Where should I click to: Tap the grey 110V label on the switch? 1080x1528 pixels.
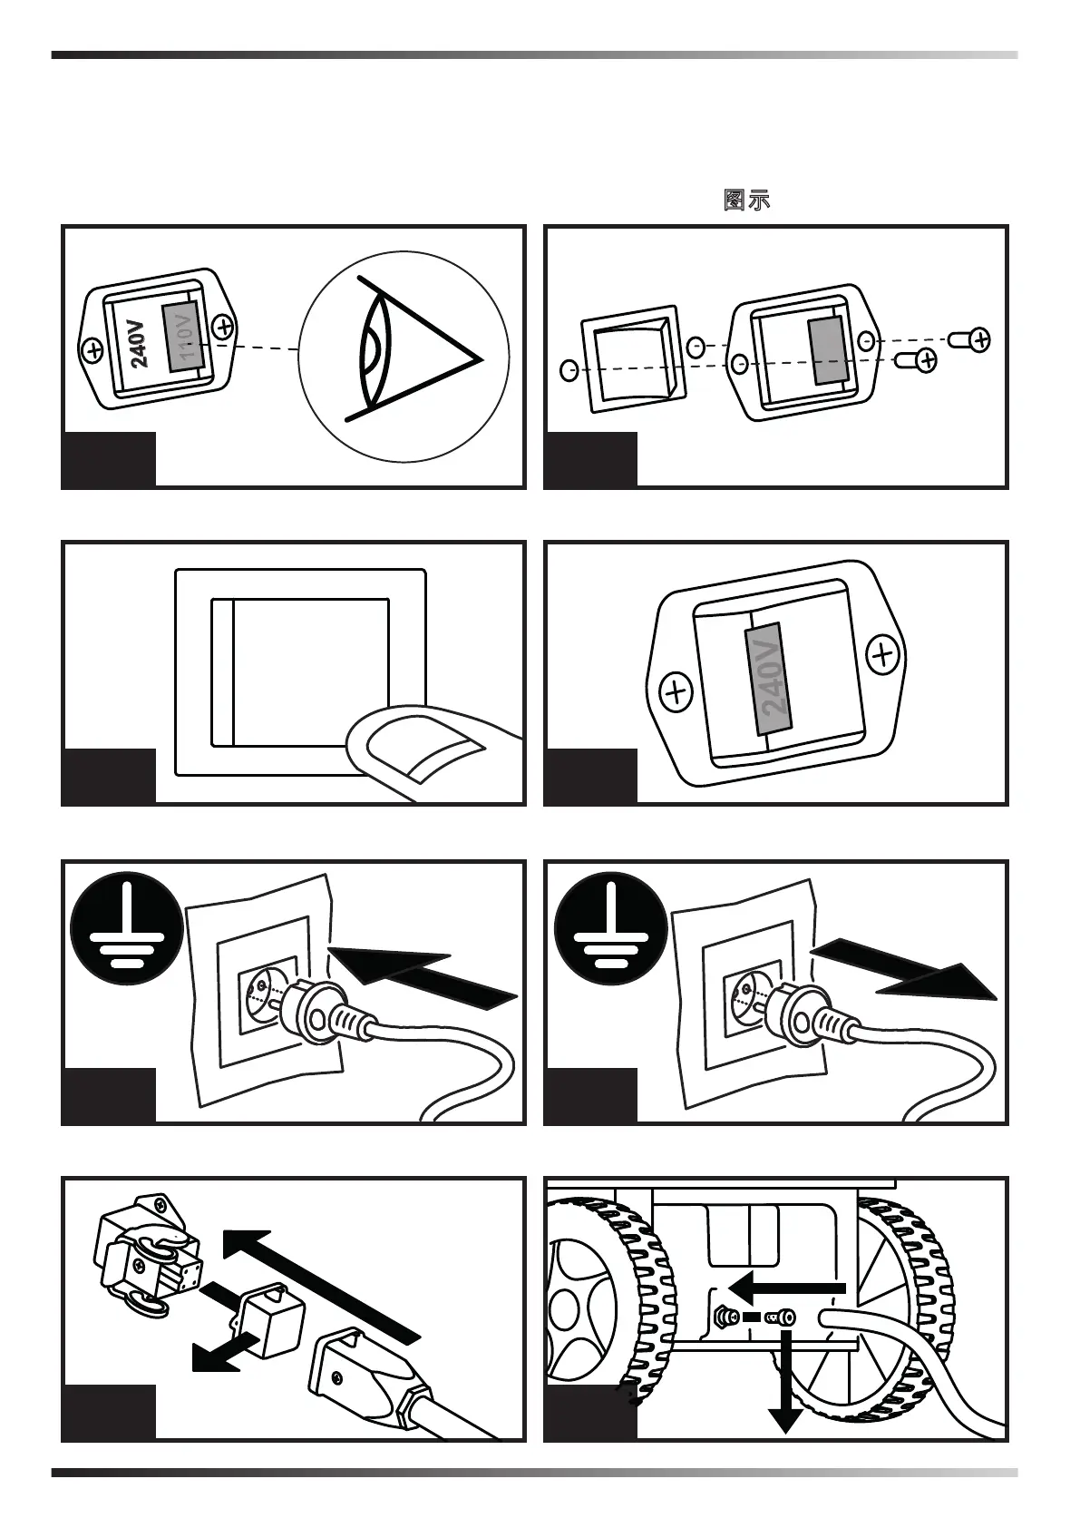(183, 336)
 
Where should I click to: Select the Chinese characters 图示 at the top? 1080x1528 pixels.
(746, 201)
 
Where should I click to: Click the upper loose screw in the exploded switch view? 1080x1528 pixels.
(971, 339)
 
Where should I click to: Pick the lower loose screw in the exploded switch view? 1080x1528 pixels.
(917, 360)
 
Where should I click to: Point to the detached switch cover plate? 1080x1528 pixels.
(631, 359)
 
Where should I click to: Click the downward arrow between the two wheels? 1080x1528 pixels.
(785, 1388)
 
